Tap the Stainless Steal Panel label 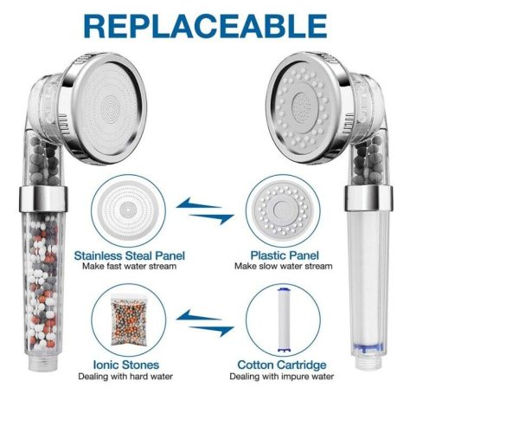[x=129, y=255]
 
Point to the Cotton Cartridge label [x=281, y=365]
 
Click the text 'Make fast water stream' [x=129, y=267]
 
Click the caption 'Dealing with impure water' [x=281, y=377]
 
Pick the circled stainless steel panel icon [x=130, y=209]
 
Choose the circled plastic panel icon [x=281, y=209]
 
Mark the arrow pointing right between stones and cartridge [x=212, y=330]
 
